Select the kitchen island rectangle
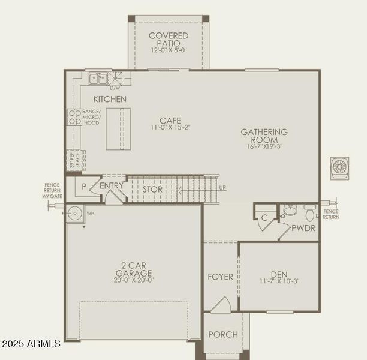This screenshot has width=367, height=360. [118, 128]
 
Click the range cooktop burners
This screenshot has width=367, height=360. [74, 117]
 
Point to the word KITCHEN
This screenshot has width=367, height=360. [110, 99]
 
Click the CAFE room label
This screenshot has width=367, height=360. [170, 120]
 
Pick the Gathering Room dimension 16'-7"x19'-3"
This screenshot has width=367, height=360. [264, 146]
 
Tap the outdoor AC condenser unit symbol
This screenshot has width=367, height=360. [339, 168]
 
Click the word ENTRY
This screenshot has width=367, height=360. [111, 186]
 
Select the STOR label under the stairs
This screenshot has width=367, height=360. [152, 190]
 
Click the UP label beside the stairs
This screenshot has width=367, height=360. [223, 188]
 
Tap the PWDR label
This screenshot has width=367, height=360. [303, 228]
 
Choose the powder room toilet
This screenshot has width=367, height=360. [309, 211]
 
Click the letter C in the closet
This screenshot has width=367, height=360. [264, 217]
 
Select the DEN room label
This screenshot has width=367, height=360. [279, 273]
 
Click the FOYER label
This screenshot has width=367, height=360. [220, 277]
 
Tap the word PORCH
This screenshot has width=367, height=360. [223, 334]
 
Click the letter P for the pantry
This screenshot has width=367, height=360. [83, 187]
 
